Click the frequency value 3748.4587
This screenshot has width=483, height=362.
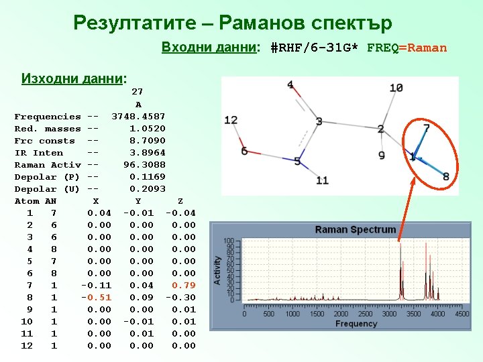pos(138,117)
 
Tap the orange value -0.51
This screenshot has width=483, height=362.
pos(97,298)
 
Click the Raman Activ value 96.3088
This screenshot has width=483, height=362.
pos(144,165)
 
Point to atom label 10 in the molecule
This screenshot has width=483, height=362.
pos(396,88)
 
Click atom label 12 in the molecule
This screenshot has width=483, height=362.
pos(231,120)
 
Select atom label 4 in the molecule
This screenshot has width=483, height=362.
pos(290,84)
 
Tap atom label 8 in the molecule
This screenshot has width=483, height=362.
pos(446,176)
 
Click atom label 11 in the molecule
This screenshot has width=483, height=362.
pos(322,180)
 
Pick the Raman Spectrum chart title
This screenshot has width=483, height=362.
pos(356,229)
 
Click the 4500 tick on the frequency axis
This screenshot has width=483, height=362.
pos(462,314)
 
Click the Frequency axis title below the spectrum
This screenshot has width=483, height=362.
pos(356,324)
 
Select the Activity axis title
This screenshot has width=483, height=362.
pos(217,270)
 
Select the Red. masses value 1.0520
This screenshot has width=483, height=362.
pos(148,129)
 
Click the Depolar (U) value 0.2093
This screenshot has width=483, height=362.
pos(148,189)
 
